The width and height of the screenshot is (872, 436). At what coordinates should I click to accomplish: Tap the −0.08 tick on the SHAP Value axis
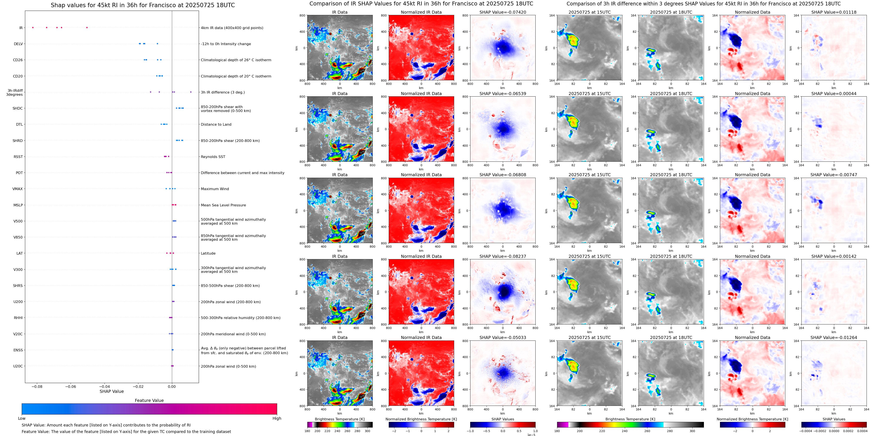37,386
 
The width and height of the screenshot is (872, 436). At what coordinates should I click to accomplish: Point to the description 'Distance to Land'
216,125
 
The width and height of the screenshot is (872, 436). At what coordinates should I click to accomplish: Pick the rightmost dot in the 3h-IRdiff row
191,92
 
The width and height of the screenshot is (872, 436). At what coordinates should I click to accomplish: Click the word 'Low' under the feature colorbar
22,418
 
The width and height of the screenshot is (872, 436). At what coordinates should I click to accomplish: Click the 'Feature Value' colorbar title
149,400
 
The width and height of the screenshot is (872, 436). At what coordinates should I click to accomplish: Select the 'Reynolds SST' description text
213,157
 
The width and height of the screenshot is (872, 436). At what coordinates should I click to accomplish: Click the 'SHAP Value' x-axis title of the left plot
111,391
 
